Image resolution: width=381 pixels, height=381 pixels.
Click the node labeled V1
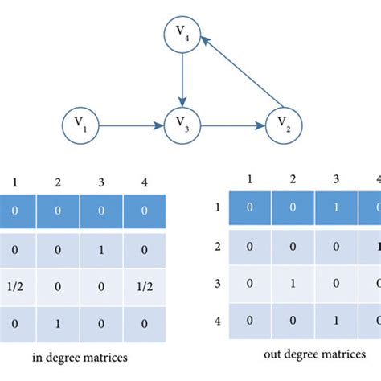tap(81, 125)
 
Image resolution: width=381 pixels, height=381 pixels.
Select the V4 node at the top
tap(183, 33)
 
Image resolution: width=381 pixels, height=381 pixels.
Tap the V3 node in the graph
tap(183, 125)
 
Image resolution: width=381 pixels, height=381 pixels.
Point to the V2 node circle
tap(282, 125)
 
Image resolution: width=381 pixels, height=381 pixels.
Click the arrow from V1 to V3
tap(132, 125)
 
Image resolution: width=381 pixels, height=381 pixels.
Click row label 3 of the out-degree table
tap(217, 283)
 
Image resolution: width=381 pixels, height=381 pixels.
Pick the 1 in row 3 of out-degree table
tap(293, 283)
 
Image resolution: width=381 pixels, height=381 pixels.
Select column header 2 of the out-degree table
tap(293, 179)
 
